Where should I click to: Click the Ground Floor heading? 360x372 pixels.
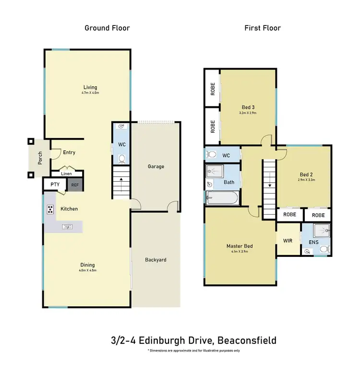[x=107, y=28]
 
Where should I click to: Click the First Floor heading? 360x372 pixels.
[x=263, y=28]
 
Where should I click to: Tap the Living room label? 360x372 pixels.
[x=90, y=87]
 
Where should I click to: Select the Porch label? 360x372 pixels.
[x=40, y=158]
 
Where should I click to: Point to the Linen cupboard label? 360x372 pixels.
[x=67, y=174]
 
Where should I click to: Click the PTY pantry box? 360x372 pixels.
[x=55, y=185]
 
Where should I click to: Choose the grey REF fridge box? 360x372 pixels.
[x=75, y=185]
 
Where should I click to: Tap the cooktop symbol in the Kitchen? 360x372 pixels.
[x=50, y=209]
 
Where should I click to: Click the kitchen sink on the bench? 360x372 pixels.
[x=67, y=226]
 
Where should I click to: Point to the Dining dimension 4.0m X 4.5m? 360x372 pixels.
[x=87, y=270]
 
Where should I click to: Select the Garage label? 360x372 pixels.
[x=156, y=166]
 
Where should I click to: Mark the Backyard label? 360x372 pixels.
[x=156, y=260]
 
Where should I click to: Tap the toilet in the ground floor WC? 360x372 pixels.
[x=121, y=158]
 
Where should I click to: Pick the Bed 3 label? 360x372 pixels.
[x=248, y=107]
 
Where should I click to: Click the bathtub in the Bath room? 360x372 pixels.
[x=221, y=198]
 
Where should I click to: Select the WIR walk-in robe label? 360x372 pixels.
[x=288, y=241]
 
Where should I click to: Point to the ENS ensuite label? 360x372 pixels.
[x=313, y=243]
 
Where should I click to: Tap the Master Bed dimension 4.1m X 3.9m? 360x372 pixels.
[x=240, y=252]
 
